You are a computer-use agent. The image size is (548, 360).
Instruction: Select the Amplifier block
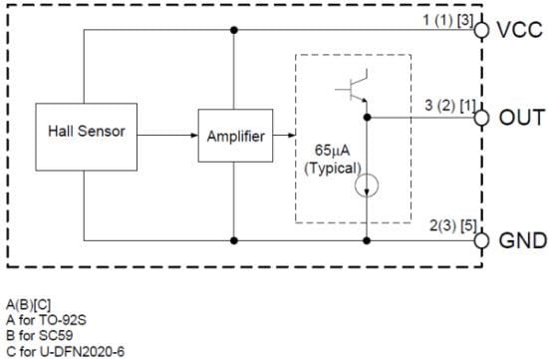pos(234,136)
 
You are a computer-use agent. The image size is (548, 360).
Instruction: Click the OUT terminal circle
pos(482,117)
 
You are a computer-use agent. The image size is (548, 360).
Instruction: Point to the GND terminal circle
pos(482,240)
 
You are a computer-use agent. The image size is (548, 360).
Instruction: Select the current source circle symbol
pos(367,184)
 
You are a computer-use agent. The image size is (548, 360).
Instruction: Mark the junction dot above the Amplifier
pos(234,29)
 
